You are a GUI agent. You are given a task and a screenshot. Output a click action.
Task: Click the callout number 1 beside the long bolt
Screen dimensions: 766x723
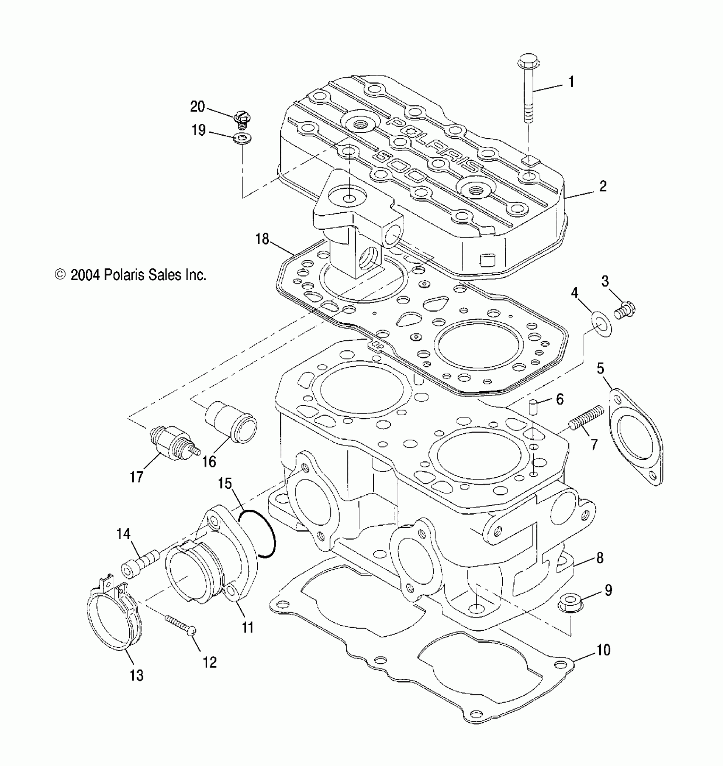(572, 82)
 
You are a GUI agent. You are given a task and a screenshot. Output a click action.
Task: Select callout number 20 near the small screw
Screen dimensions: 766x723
(198, 107)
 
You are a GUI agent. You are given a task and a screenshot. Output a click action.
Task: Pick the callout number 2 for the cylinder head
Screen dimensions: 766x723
(603, 186)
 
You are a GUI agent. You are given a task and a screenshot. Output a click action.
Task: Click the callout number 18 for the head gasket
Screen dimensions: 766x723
(262, 239)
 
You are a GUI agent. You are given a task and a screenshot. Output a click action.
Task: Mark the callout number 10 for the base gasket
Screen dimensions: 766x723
(603, 650)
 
